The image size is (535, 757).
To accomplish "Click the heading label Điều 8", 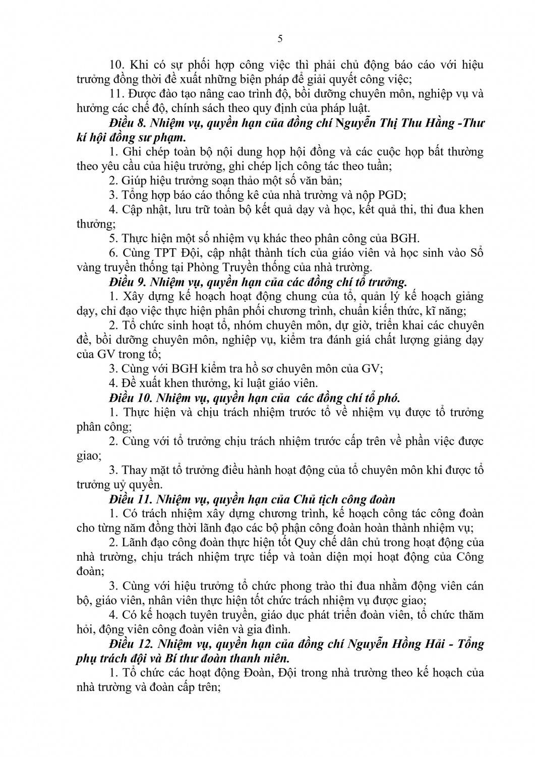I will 126,123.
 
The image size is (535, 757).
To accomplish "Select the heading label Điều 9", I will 126,281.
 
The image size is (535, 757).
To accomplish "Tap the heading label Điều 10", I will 129,396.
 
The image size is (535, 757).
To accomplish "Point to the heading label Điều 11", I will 129,499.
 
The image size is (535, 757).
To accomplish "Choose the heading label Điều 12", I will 129,644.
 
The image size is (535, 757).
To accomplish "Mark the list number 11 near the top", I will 116,94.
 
